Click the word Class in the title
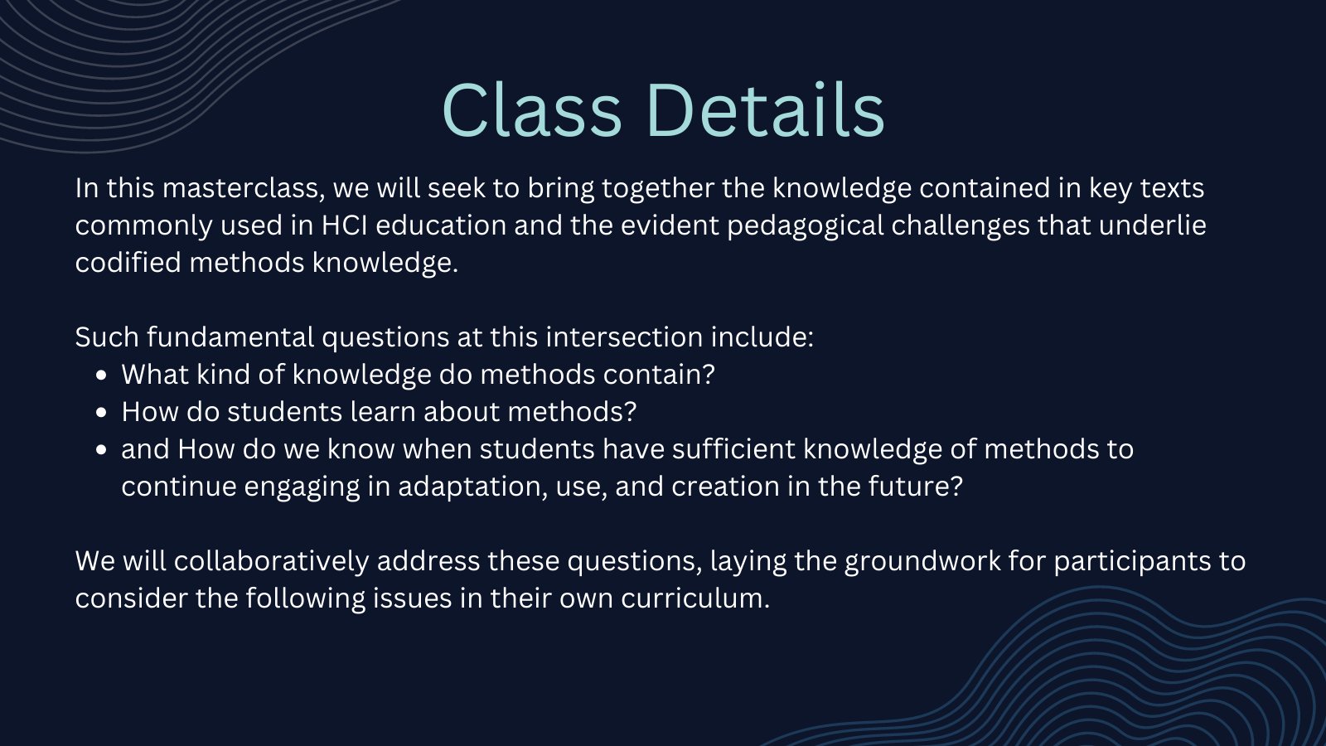tap(531, 111)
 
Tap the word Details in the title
tap(766, 111)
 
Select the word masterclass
tap(244, 188)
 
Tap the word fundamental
tap(230, 337)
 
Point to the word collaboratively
tap(271, 560)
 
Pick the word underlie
tap(1153, 225)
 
